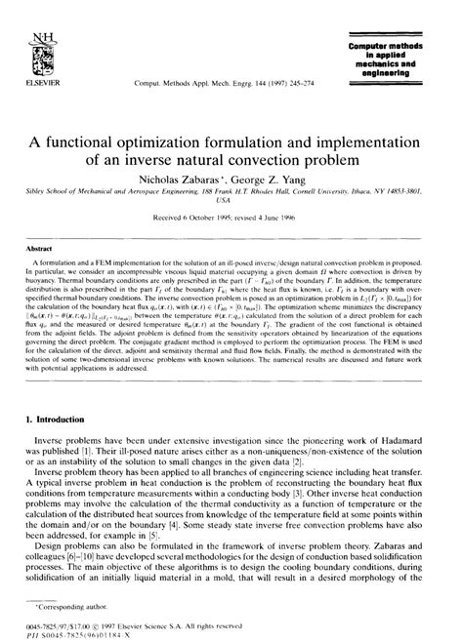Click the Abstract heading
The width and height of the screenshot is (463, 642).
click(x=37, y=250)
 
